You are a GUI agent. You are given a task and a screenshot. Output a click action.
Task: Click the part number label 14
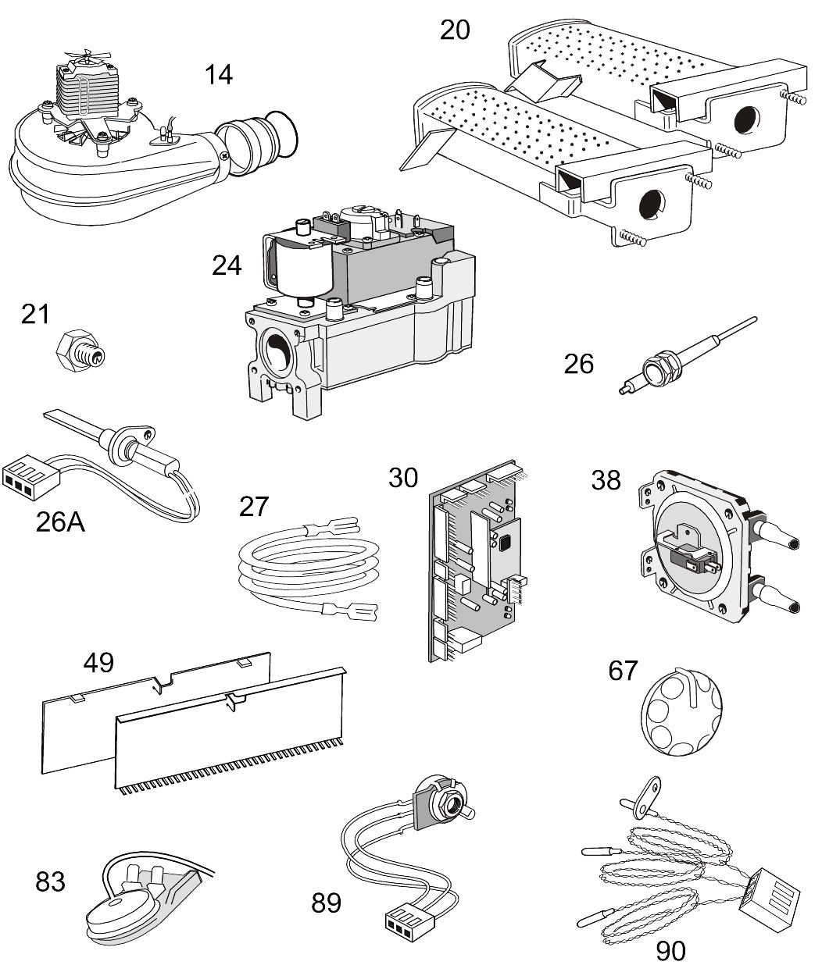(x=219, y=75)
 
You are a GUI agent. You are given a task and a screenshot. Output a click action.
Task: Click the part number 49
(x=98, y=663)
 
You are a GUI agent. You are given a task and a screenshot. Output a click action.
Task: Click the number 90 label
(x=670, y=950)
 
